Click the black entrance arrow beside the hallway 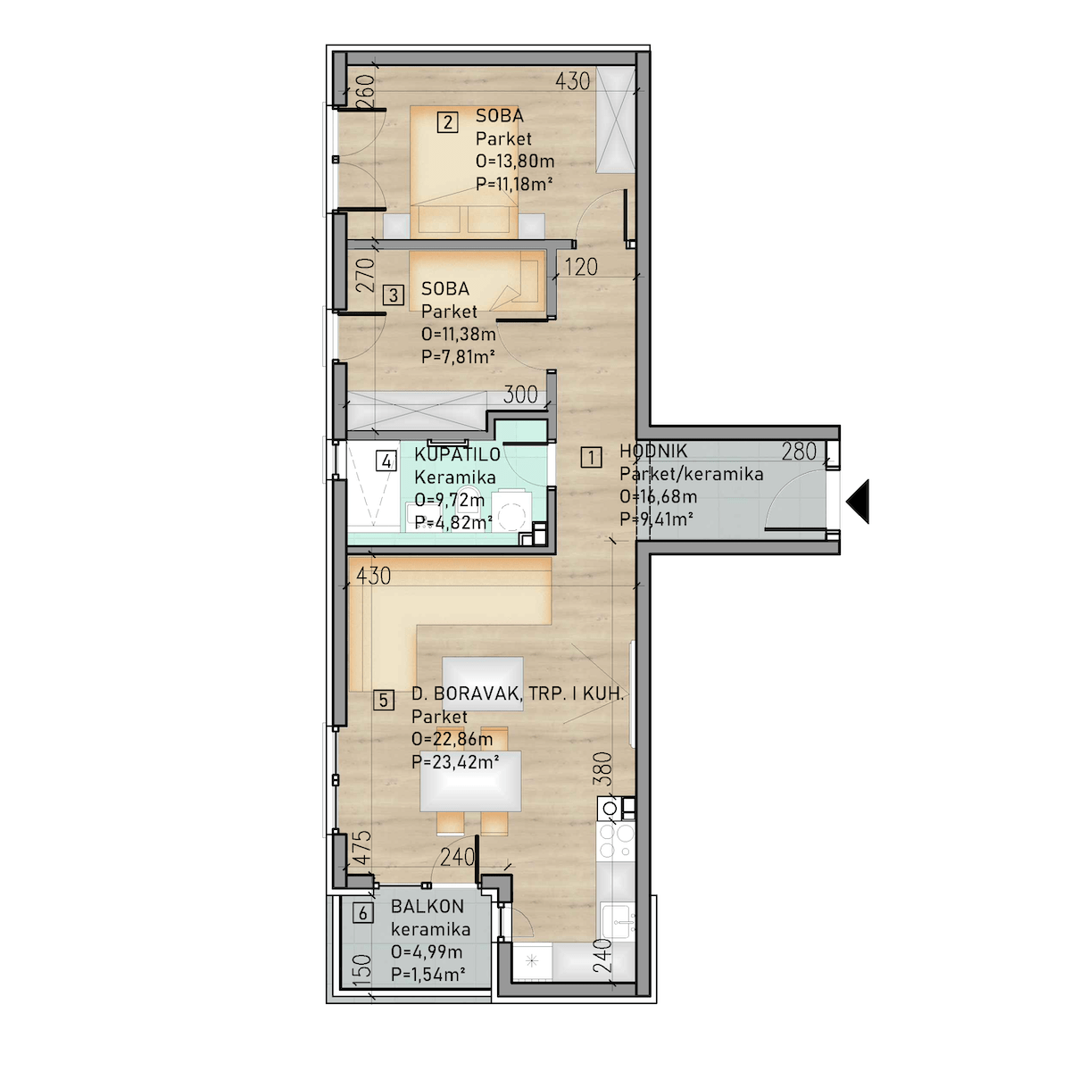tap(859, 502)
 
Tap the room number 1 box tap(591, 458)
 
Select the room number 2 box tap(447, 121)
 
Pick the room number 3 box tap(394, 295)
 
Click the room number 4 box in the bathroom tap(386, 461)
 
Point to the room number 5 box tap(384, 701)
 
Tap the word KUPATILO tap(458, 454)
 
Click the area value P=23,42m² tap(454, 761)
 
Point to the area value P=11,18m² tap(514, 184)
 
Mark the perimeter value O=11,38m tap(459, 334)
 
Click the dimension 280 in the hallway tap(799, 452)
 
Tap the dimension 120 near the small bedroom tap(581, 268)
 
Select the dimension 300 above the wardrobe tap(520, 394)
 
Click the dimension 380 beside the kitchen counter tap(602, 768)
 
